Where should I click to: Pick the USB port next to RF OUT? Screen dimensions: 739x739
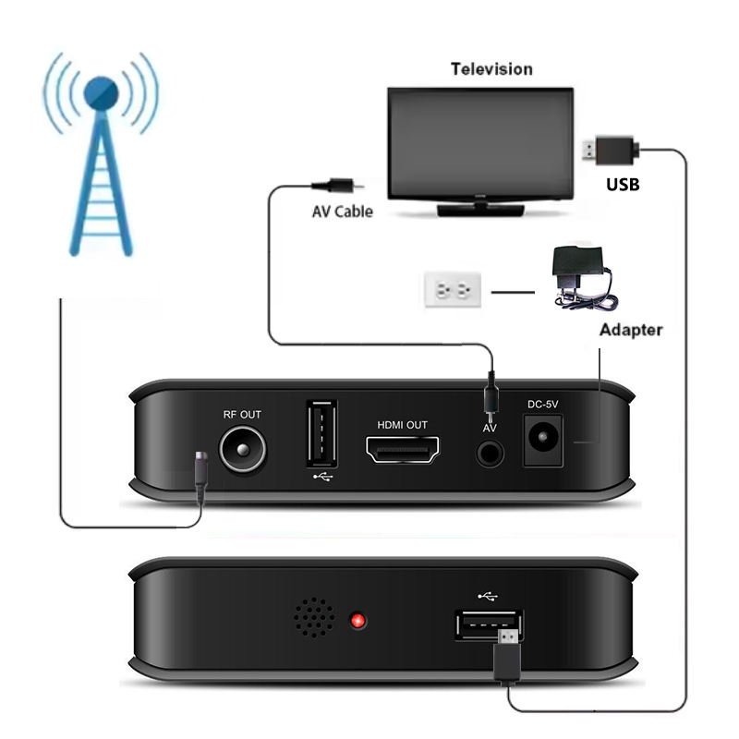point(321,434)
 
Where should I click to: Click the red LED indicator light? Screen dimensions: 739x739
point(357,620)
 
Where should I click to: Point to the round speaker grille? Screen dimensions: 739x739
point(315,617)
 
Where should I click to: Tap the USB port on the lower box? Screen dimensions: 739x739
point(488,625)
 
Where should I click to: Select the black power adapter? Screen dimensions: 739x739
point(575,273)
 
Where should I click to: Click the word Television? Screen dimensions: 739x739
point(491,69)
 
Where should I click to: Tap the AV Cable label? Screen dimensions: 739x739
point(342,212)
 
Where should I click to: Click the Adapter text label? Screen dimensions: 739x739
point(631,330)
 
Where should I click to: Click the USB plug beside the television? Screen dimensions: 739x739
point(609,148)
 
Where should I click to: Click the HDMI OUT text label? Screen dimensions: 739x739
point(403,425)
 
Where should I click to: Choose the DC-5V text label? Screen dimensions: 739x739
point(542,404)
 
